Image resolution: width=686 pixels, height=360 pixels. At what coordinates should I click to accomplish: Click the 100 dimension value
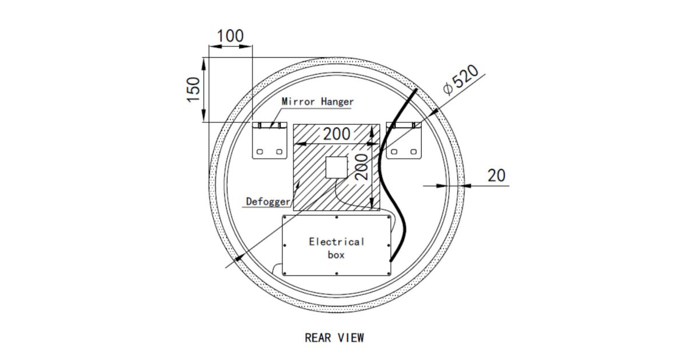pyautogui.click(x=230, y=36)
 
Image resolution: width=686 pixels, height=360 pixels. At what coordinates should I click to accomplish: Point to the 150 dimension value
pyautogui.click(x=194, y=89)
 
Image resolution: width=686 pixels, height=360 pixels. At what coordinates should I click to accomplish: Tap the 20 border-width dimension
pyautogui.click(x=496, y=175)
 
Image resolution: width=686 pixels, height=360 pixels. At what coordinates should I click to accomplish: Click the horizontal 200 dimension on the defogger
pyautogui.click(x=337, y=134)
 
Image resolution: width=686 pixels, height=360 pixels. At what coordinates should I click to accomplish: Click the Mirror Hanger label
pyautogui.click(x=318, y=102)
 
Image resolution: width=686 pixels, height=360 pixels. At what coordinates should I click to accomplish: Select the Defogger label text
pyautogui.click(x=268, y=202)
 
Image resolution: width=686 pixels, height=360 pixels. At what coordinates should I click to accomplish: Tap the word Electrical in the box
pyautogui.click(x=336, y=241)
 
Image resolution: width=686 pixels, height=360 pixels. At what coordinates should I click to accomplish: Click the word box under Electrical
pyautogui.click(x=336, y=255)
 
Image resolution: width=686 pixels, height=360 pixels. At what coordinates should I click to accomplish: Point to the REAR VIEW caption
pyautogui.click(x=334, y=338)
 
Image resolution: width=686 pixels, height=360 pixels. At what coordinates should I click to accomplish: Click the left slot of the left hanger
pyautogui.click(x=260, y=152)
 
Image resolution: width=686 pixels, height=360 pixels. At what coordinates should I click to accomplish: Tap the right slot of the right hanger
pyautogui.click(x=413, y=152)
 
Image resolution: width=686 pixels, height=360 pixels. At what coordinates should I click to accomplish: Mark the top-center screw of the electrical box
pyautogui.click(x=336, y=218)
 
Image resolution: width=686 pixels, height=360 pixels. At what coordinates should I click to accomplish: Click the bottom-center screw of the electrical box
pyautogui.click(x=336, y=274)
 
